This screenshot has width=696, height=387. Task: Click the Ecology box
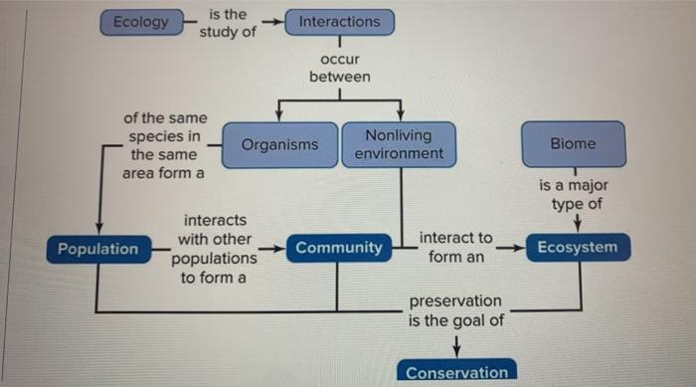click(140, 22)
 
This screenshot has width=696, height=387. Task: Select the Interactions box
click(339, 22)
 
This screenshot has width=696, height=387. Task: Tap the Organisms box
click(279, 144)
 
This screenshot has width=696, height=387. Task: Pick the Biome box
click(573, 144)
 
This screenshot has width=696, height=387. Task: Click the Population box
click(97, 249)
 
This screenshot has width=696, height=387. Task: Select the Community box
click(338, 248)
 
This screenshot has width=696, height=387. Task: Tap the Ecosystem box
click(578, 248)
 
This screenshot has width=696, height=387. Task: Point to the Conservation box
click(456, 372)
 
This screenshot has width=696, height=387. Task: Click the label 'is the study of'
click(228, 23)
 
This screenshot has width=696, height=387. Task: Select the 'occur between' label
click(339, 69)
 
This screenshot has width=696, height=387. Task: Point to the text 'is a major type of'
click(574, 195)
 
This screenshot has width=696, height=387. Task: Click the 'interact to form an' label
click(456, 248)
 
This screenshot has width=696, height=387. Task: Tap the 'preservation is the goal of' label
click(456, 310)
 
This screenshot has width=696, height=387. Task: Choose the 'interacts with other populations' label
click(214, 248)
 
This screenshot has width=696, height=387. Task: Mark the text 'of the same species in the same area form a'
click(163, 145)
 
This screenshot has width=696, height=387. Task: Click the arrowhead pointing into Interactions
click(279, 22)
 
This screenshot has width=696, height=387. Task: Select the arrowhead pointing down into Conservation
click(456, 348)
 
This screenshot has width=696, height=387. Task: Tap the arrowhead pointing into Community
click(280, 247)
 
